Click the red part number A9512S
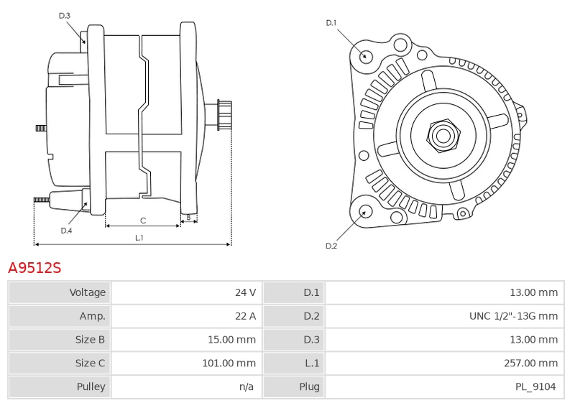tap(34, 268)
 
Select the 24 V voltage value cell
tap(246, 292)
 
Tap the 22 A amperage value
tap(246, 316)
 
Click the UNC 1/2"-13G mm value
tap(513, 316)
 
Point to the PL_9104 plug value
tap(535, 387)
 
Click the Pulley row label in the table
tap(91, 387)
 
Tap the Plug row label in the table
tap(309, 387)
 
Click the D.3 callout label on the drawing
tap(65, 15)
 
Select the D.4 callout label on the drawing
tap(66, 231)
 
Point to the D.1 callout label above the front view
tap(331, 23)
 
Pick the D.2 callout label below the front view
tap(331, 246)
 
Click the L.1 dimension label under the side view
tap(139, 238)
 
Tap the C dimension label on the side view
tap(143, 220)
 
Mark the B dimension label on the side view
tap(188, 217)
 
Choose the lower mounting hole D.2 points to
tap(365, 211)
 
